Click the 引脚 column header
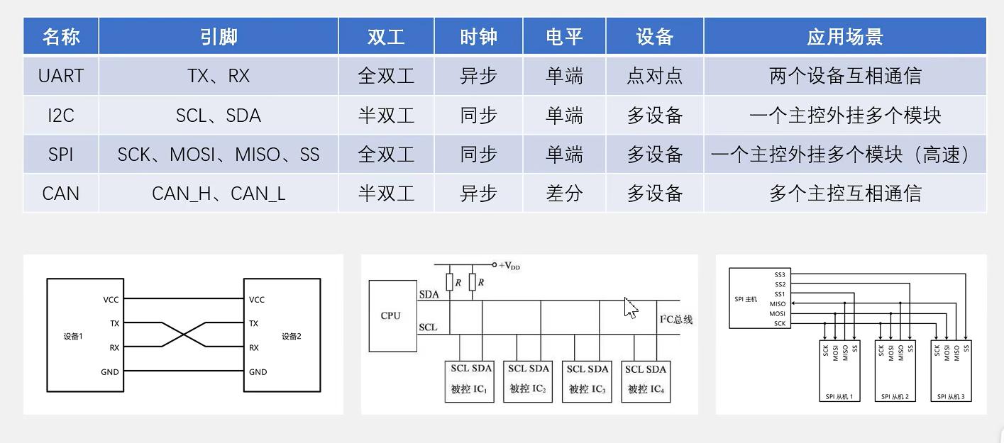(x=219, y=37)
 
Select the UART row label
(x=61, y=76)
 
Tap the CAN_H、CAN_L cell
(x=219, y=193)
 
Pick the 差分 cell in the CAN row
(x=564, y=193)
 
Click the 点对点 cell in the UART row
(x=654, y=76)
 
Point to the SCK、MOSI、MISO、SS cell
(x=219, y=155)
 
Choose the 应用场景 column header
(x=844, y=37)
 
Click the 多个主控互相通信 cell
(x=844, y=193)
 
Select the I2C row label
(x=61, y=116)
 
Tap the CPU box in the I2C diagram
(x=391, y=316)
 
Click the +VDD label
(x=509, y=266)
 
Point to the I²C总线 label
(x=675, y=320)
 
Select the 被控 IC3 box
(x=586, y=381)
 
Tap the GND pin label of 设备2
(x=258, y=372)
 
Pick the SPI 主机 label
(x=746, y=299)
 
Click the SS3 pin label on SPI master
(x=780, y=274)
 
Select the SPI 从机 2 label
(x=894, y=396)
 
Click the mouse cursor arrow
(x=630, y=307)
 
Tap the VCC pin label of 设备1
(x=111, y=300)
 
